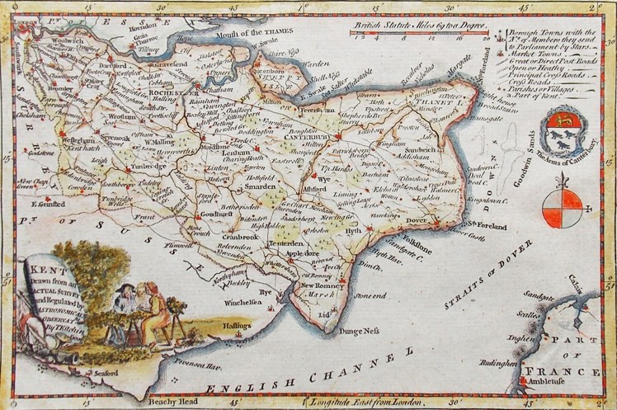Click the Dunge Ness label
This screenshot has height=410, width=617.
coord(358,331)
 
